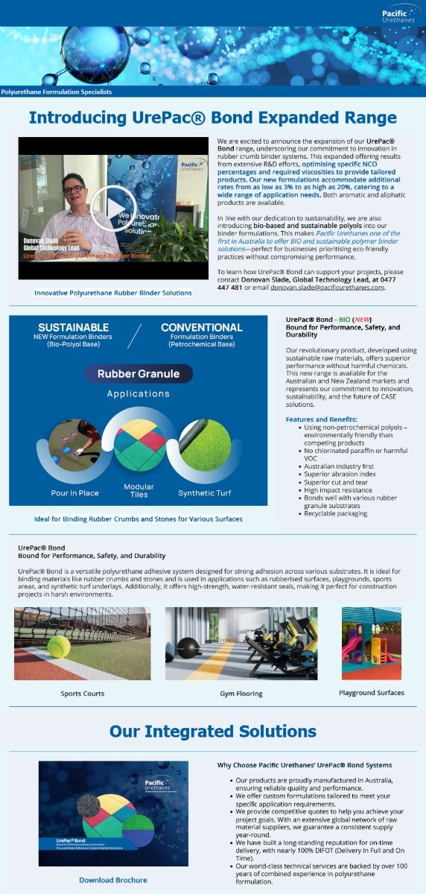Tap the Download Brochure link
[x=112, y=880]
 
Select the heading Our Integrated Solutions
[x=213, y=731]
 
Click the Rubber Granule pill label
[x=138, y=373]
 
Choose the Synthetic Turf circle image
[x=206, y=445]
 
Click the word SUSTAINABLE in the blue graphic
[x=74, y=327]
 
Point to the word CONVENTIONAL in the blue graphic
[x=201, y=327]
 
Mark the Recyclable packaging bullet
[x=335, y=513]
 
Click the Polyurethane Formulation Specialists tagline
[x=57, y=92]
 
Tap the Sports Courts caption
[x=82, y=694]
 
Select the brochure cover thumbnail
[x=112, y=813]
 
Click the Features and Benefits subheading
[x=321, y=419]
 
